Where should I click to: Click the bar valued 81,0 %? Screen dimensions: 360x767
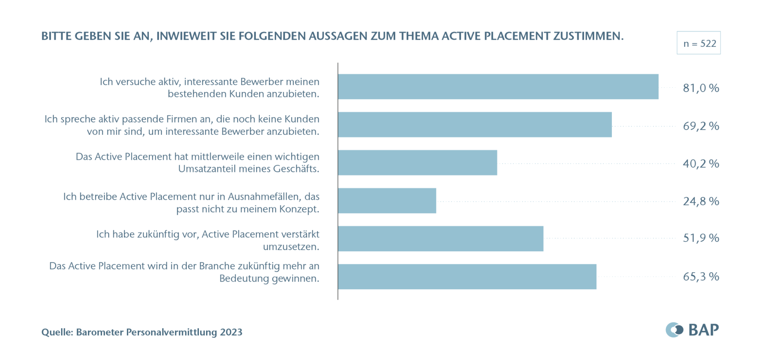498,87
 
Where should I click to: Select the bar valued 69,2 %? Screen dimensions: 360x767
475,125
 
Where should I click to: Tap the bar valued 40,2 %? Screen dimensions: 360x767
417,163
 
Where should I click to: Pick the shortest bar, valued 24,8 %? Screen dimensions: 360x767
387,201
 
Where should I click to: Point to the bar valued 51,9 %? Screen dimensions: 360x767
440,239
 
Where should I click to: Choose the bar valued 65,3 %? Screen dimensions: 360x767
467,277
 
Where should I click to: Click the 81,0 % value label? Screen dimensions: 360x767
700,88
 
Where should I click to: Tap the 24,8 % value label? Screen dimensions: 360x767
700,201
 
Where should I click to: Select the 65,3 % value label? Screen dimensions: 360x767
700,277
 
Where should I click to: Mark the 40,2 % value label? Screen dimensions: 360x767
700,164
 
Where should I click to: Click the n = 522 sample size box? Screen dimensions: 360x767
698,43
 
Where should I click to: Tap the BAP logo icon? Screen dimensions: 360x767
674,330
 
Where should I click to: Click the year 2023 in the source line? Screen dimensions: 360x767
231,332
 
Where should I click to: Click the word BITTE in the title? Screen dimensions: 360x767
56,36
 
